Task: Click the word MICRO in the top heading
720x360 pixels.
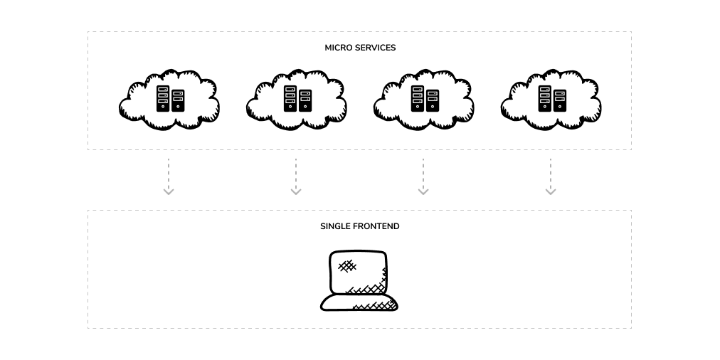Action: pyautogui.click(x=337, y=48)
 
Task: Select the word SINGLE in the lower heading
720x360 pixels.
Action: pyautogui.click(x=334, y=226)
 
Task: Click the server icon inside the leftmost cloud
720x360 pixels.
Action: pyautogui.click(x=170, y=99)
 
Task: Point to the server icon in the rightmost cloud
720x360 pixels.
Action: pyautogui.click(x=552, y=99)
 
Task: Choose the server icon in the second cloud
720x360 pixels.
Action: pyautogui.click(x=297, y=99)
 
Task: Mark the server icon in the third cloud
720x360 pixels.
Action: pyautogui.click(x=425, y=99)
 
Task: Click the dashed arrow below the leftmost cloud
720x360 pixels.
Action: pyautogui.click(x=169, y=174)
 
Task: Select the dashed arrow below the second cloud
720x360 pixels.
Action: pyautogui.click(x=296, y=174)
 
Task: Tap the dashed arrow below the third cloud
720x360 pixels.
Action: pyautogui.click(x=423, y=174)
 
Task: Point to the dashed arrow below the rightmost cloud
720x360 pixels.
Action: pyautogui.click(x=551, y=174)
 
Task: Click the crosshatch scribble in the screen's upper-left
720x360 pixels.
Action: pyautogui.click(x=346, y=266)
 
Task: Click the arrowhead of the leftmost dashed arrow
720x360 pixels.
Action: pyautogui.click(x=169, y=191)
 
